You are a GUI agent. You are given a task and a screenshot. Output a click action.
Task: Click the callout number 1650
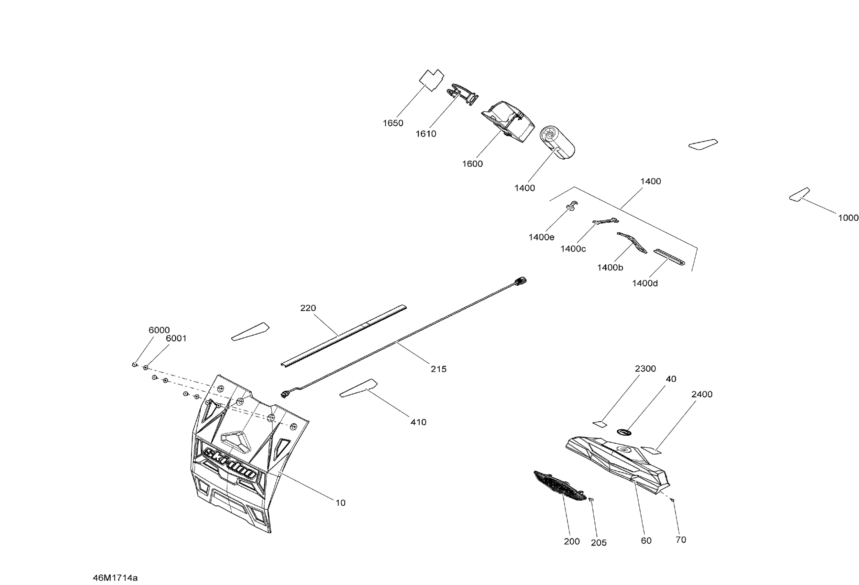393,123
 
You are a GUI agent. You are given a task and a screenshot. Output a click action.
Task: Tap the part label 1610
426,134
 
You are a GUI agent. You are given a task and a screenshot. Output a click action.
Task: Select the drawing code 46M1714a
115,577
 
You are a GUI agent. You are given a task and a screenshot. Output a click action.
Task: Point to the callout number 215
438,369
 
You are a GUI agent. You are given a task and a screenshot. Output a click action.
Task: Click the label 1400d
645,284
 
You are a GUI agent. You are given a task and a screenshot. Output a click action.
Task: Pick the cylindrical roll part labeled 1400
558,142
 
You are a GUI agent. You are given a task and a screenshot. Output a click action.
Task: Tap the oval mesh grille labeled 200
560,486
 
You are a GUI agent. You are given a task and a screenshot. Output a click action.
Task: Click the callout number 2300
645,369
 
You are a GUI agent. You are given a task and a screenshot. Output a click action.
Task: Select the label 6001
176,338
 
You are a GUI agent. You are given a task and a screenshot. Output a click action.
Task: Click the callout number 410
418,422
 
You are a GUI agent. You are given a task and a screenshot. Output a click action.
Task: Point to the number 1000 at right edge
848,218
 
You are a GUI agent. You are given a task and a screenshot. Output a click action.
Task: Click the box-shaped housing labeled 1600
508,121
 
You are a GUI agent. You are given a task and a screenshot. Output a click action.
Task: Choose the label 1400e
541,237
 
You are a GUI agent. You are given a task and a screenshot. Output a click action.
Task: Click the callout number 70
681,540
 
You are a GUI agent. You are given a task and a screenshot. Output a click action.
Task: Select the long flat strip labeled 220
343,335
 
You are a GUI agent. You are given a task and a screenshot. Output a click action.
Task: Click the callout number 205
598,543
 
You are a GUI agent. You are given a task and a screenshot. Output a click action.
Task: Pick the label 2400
702,394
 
